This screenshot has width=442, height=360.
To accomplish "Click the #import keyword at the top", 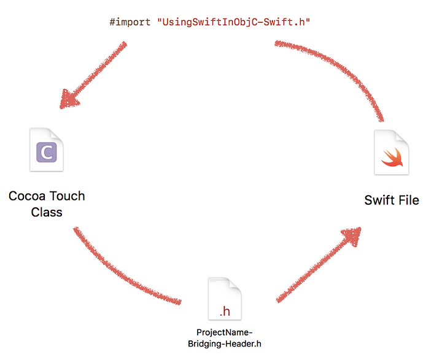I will (x=131, y=22).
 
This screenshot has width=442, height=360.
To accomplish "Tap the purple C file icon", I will (x=47, y=150).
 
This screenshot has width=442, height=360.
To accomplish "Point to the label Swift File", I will (x=392, y=200).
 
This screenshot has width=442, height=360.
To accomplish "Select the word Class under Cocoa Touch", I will (x=47, y=212).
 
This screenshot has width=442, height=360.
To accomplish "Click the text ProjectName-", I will (x=225, y=332).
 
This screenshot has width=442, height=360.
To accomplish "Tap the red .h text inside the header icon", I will (x=225, y=311).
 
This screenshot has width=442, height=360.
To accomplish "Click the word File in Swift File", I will (x=408, y=200).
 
